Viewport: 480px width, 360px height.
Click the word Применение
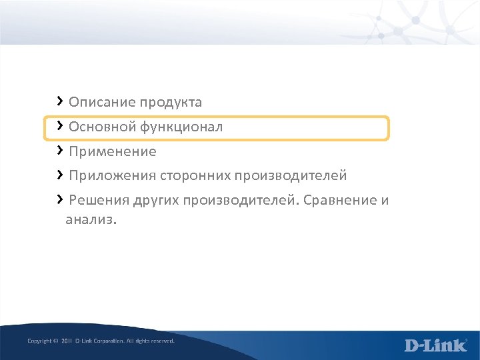[112, 152]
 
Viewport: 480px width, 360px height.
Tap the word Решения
[96, 201]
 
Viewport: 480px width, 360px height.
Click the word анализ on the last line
[89, 219]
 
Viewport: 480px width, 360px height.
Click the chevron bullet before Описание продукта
[60, 101]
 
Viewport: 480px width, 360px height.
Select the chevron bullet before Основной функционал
[60, 125]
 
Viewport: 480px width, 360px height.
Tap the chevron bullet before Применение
[60, 150]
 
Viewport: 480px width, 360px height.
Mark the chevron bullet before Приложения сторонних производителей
[60, 175]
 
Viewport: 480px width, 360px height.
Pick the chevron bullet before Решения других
[60, 199]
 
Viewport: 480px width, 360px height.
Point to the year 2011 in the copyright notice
[66, 341]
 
